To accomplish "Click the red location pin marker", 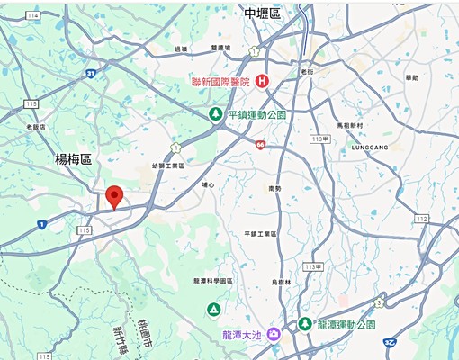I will [x=114, y=195].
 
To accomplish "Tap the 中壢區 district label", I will [x=263, y=13].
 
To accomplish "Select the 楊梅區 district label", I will [x=74, y=159].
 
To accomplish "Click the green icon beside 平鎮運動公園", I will [x=215, y=114].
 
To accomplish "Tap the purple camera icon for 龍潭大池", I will [x=273, y=335].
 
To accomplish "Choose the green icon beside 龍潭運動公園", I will [x=305, y=324].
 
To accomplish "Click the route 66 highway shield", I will [x=259, y=142].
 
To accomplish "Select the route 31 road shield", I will [x=91, y=74].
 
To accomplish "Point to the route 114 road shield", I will [x=33, y=15].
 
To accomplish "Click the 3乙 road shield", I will [x=390, y=342].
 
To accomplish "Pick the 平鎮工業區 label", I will [x=261, y=234].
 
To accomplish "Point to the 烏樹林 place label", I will [x=282, y=283].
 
